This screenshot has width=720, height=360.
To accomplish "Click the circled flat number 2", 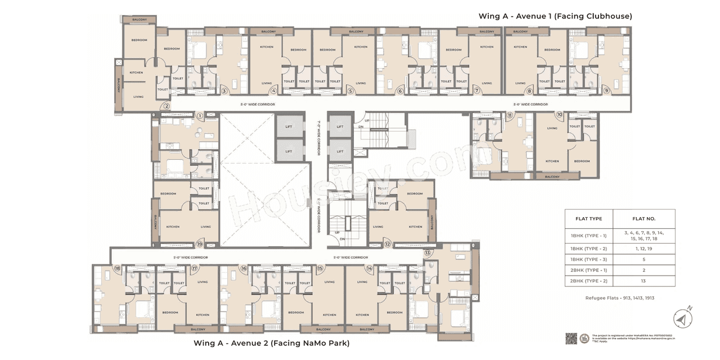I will coord(166,106).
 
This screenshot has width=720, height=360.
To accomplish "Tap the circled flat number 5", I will coord(350,91).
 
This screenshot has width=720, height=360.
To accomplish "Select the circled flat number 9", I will coord(606,91).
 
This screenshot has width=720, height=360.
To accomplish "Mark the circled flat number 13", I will coord(427,253).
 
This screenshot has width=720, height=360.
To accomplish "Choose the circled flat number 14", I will coord(369,268).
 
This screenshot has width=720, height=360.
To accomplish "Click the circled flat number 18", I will coord(117,268).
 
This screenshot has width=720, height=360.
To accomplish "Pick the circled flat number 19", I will coord(199,244).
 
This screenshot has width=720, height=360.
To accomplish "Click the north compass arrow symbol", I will coord(682,319).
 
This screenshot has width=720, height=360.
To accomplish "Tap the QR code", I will coord(571,339).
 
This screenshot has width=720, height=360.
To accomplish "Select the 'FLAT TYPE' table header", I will coord(589,218).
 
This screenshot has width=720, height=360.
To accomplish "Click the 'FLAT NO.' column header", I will coord(644,218).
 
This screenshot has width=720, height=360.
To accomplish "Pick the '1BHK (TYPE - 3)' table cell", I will coord(589,259).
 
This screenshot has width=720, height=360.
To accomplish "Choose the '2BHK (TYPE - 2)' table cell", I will coord(589,280).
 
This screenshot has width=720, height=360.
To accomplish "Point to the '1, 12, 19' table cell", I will coord(644,248).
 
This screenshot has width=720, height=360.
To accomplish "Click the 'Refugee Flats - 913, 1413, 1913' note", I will coord(620,298).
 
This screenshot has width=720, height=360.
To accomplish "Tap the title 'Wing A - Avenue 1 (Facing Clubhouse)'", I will coord(555,16).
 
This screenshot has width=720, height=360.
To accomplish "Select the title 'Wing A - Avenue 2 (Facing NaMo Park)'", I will coord(272,343).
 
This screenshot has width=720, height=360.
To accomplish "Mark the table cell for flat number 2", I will coord(644,270).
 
